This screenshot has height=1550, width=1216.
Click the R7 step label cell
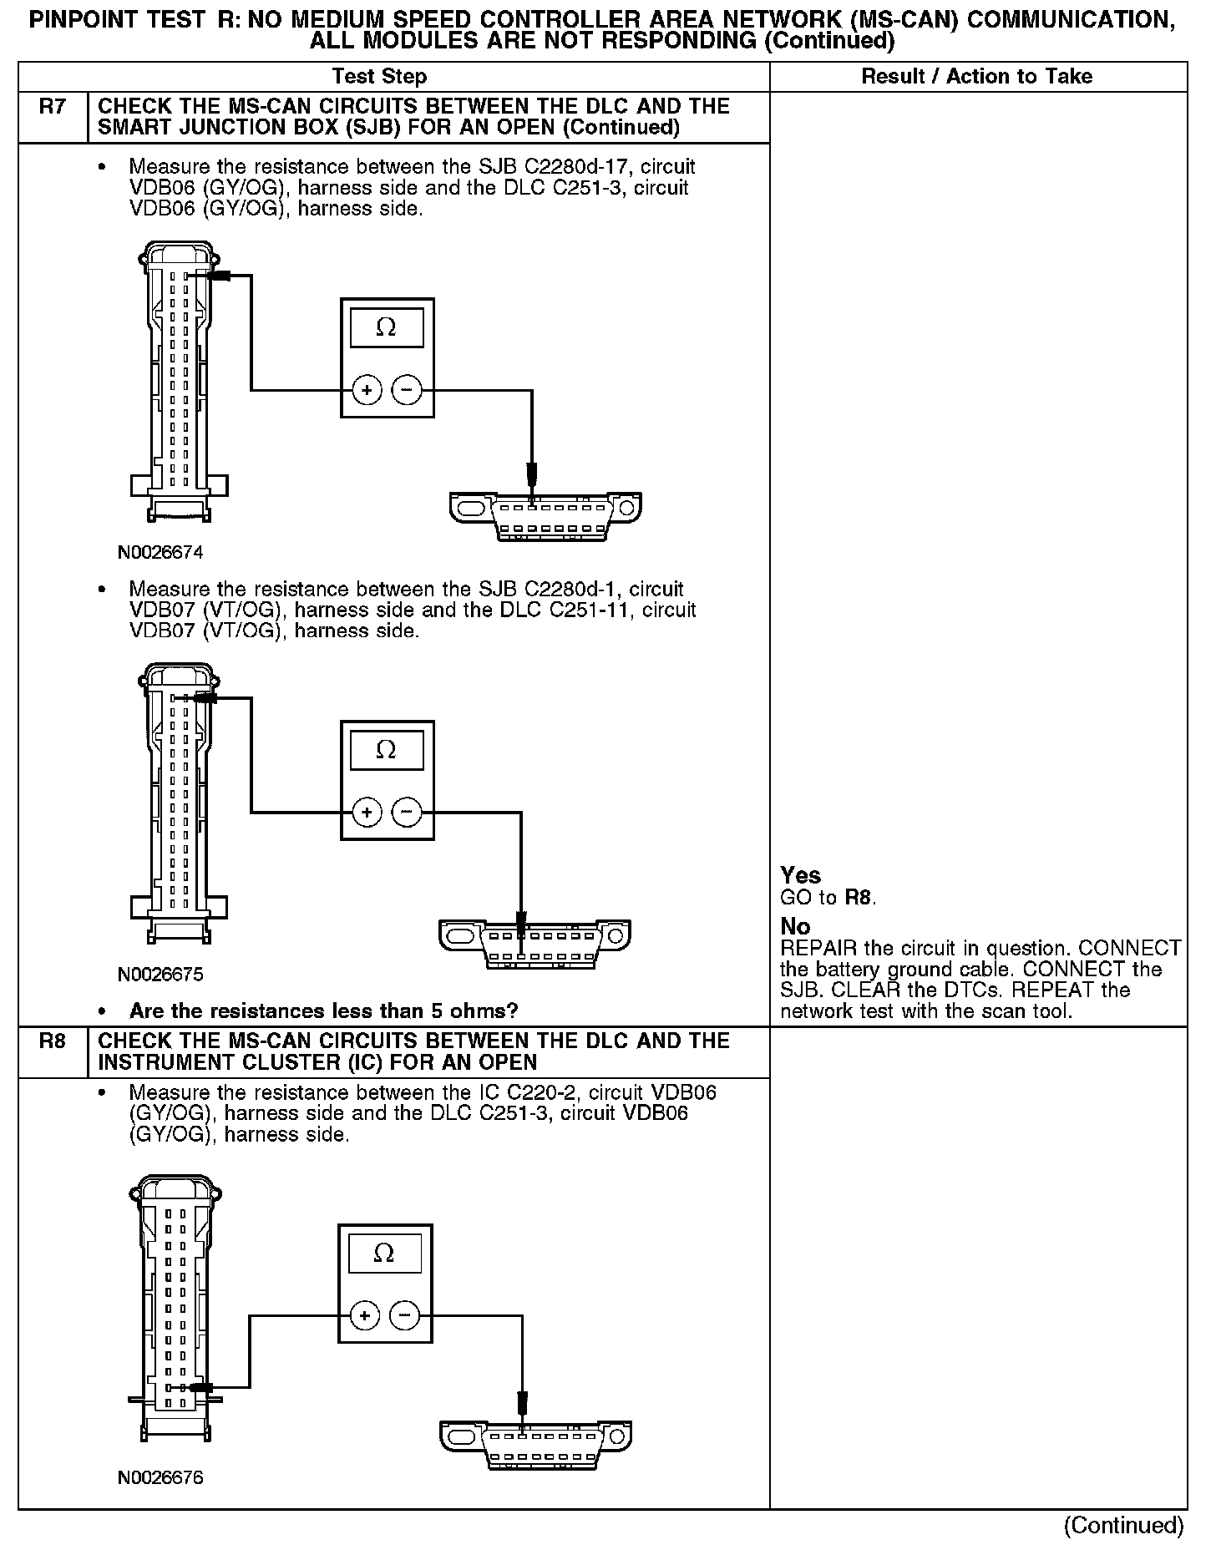click(52, 116)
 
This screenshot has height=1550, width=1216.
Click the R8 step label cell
click(52, 1051)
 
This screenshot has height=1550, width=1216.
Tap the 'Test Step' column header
click(379, 77)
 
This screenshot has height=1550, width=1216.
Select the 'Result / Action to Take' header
click(976, 77)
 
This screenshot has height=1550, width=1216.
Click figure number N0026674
click(160, 553)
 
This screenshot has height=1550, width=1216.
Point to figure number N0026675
click(160, 975)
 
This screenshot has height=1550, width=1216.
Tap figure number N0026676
click(160, 1477)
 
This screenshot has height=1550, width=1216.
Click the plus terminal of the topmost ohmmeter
click(367, 390)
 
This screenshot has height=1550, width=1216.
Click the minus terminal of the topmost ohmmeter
click(407, 390)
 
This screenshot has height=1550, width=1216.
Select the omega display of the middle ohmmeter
click(386, 750)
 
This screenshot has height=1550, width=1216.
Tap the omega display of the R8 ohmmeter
click(384, 1254)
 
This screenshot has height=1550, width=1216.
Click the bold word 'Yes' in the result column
click(800, 875)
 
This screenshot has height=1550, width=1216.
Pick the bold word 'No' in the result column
click(795, 926)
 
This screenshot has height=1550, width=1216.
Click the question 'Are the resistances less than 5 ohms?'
click(323, 1011)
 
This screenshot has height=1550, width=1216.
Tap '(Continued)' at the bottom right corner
click(1123, 1525)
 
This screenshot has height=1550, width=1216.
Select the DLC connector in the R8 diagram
click(535, 1445)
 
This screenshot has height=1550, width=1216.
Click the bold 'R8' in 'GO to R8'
click(859, 899)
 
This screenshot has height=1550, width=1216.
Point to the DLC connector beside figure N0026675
click(535, 944)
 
